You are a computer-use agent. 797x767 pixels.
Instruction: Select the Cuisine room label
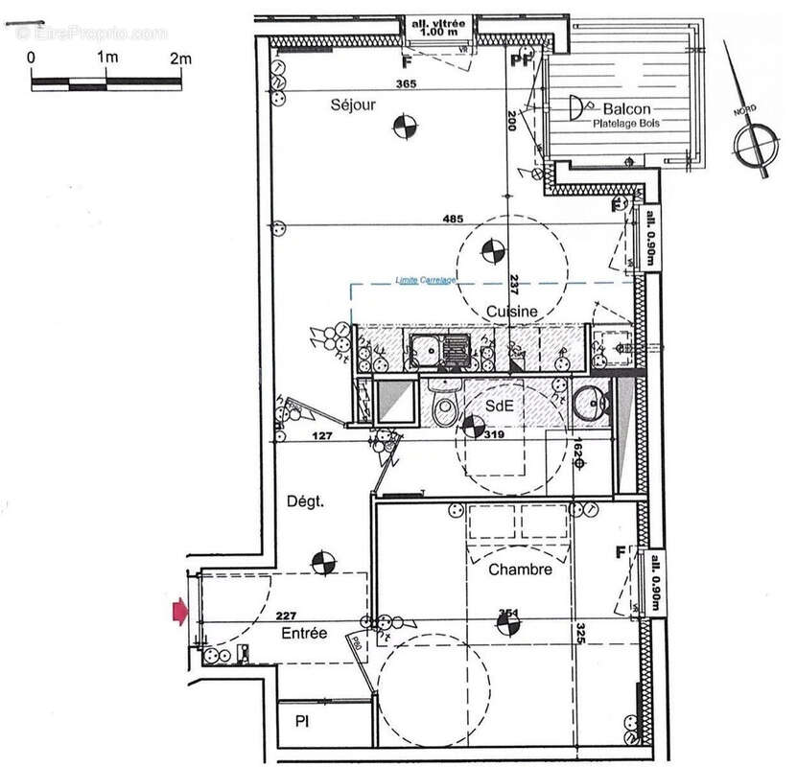[x=510, y=311]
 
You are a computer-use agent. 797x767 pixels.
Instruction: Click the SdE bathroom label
[x=499, y=406]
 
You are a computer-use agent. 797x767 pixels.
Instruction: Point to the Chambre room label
[x=520, y=569]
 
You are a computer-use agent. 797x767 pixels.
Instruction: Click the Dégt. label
[x=306, y=500]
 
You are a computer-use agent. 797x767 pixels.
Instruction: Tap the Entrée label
[x=304, y=634]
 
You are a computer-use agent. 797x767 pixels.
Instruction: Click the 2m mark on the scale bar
[x=179, y=58]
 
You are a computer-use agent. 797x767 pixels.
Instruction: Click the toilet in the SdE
[x=445, y=407]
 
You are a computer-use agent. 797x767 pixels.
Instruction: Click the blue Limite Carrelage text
[x=426, y=280]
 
